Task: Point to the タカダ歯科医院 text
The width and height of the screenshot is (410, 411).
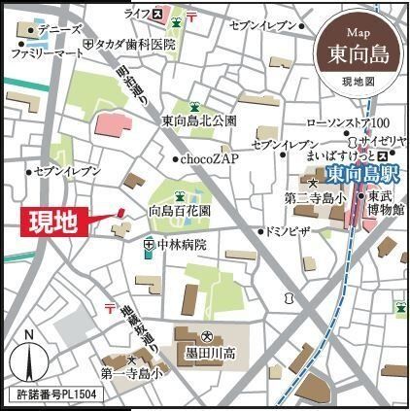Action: tap(135, 45)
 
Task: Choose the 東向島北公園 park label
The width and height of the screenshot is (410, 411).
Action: tap(198, 121)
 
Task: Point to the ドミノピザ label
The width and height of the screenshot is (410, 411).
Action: tap(288, 231)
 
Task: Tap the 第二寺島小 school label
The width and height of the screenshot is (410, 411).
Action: tap(316, 197)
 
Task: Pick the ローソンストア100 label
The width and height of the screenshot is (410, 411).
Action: tap(348, 121)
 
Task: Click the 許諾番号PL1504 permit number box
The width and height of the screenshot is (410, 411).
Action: tap(56, 397)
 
